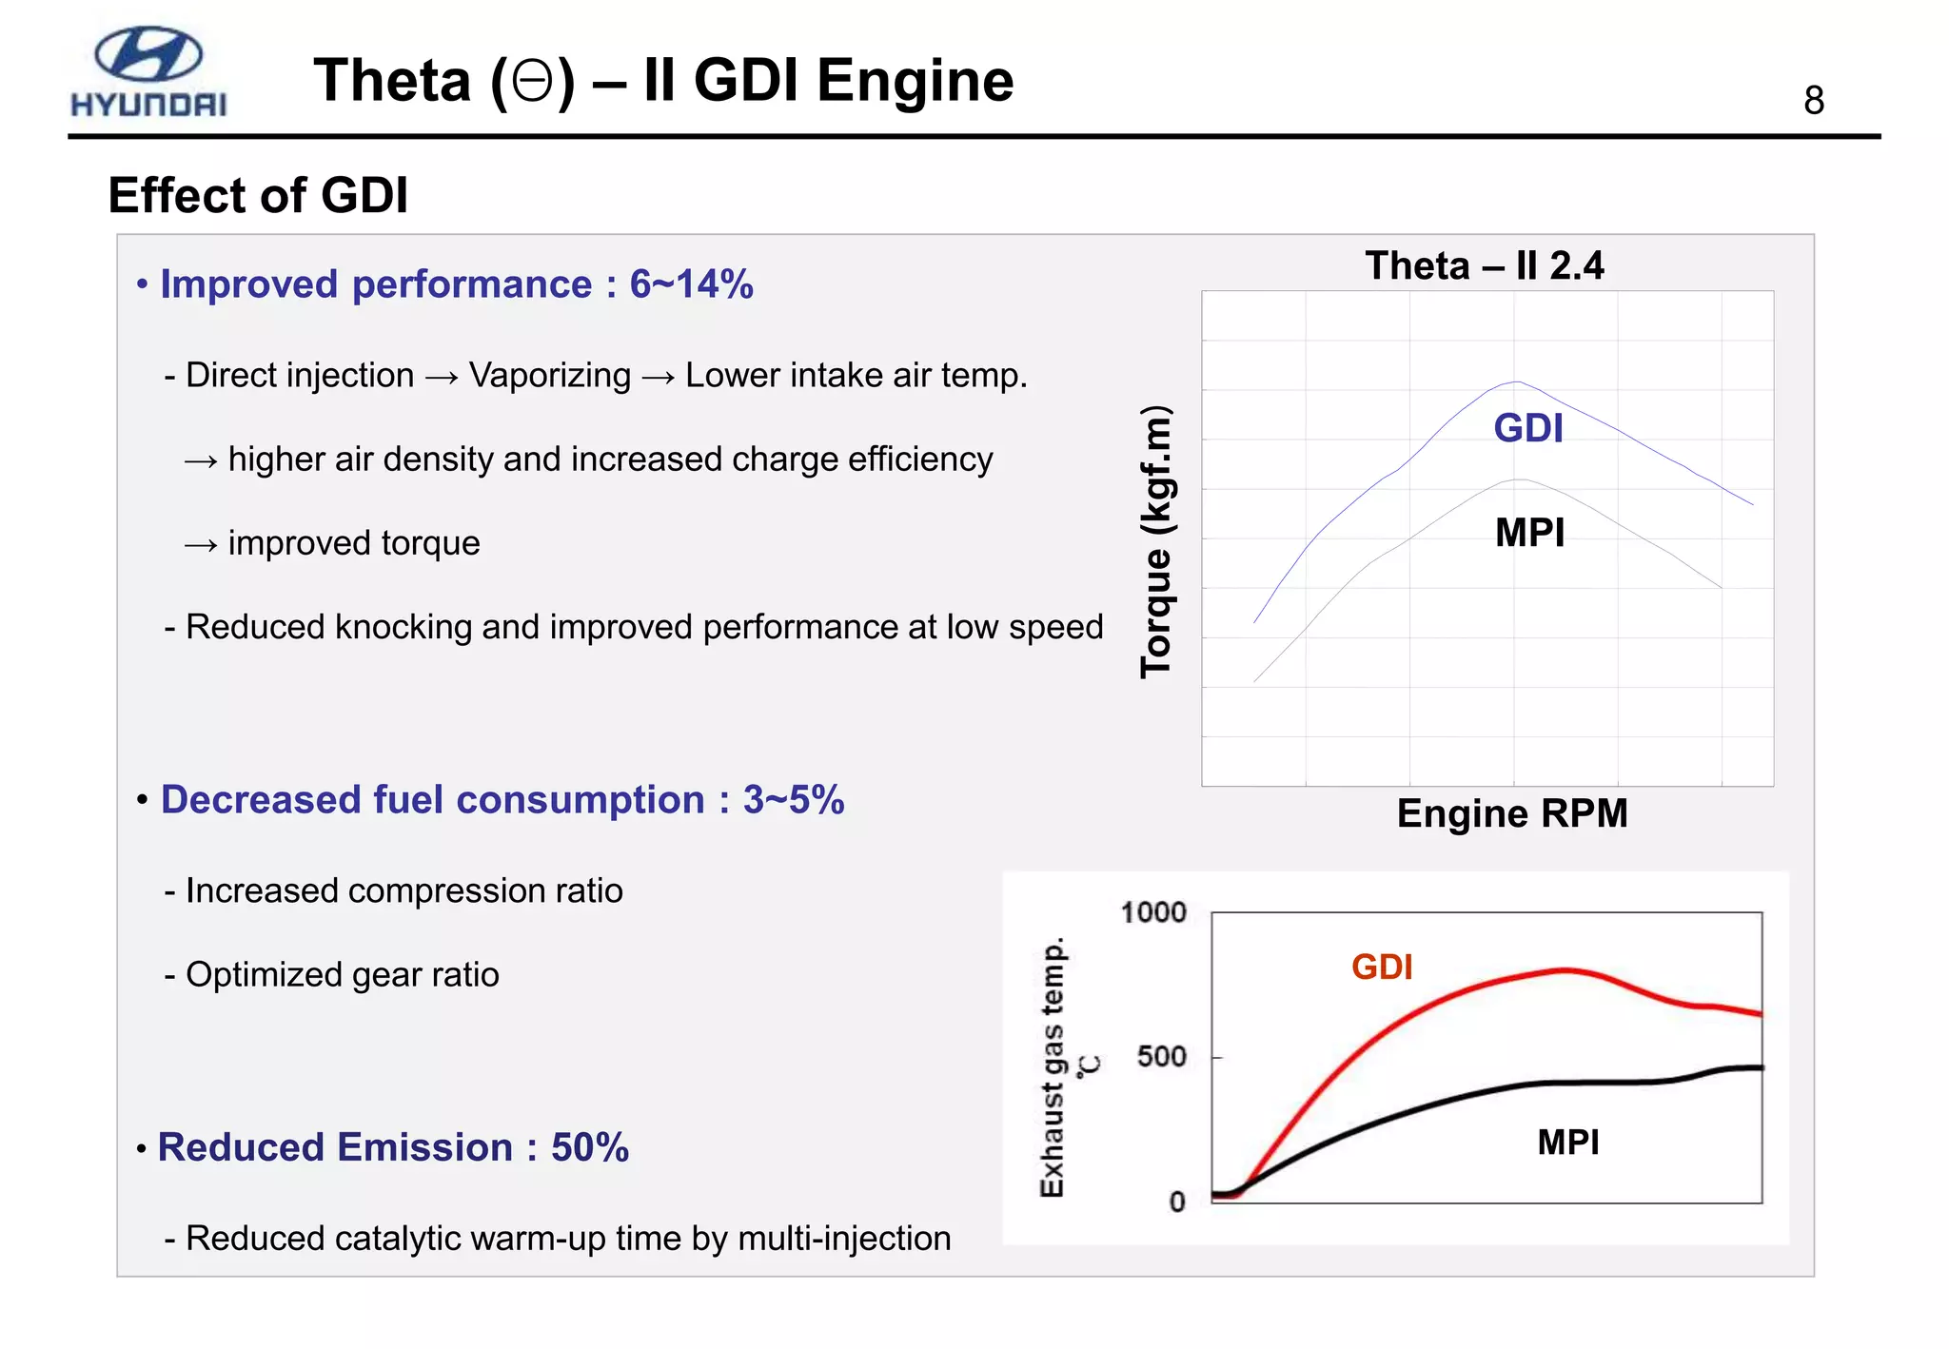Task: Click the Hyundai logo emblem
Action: [148, 54]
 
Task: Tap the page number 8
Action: [1813, 101]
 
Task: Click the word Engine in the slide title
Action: [915, 80]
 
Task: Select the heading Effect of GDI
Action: [258, 195]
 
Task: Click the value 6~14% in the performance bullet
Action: [691, 284]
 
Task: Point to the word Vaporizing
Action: [549, 376]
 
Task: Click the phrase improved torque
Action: [354, 543]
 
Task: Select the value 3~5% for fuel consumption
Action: [793, 800]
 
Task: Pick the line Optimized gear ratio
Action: [342, 975]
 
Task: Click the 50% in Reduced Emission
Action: [589, 1148]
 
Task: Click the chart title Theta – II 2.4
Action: [1484, 265]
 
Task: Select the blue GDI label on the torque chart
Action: [1527, 428]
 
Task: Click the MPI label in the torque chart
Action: [1529, 533]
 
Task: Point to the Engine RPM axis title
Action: [1511, 814]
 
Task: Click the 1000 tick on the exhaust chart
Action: [1152, 913]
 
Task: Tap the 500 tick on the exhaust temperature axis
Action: [1161, 1057]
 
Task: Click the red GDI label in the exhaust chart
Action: [1381, 968]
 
